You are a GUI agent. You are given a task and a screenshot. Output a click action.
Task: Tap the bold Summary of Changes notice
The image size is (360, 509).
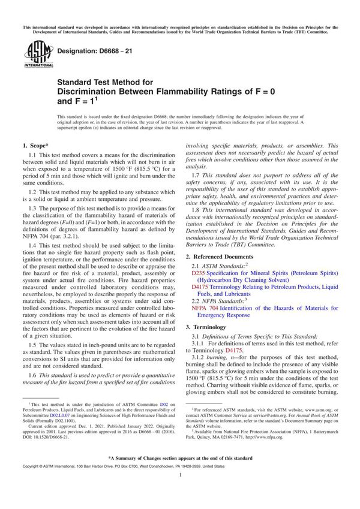(180, 473)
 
